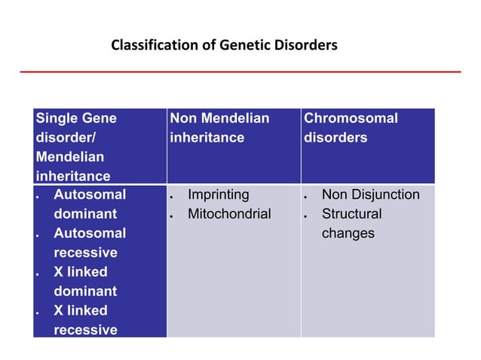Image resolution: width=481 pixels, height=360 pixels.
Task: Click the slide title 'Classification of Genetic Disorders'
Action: coord(224,45)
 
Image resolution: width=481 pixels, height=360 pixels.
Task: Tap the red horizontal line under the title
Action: coord(240,72)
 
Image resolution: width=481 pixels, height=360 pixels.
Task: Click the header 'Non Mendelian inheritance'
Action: coord(219,128)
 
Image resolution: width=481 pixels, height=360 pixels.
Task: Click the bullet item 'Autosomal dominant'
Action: coord(89,204)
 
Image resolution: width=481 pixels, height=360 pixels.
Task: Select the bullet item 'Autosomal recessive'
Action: coord(89,243)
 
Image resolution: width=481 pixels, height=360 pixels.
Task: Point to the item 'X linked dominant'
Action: coord(84,281)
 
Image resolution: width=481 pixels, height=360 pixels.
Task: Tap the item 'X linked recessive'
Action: coord(84,320)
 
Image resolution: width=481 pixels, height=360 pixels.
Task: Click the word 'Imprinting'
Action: coord(218,195)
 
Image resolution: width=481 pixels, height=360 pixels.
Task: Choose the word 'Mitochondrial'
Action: coord(228,214)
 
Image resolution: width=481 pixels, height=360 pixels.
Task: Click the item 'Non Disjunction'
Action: coord(370,195)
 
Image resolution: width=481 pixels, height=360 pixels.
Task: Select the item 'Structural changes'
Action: coord(351,224)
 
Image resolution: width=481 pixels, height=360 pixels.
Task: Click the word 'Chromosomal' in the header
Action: coord(350,118)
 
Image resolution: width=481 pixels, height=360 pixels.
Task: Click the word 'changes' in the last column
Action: coord(348,233)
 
